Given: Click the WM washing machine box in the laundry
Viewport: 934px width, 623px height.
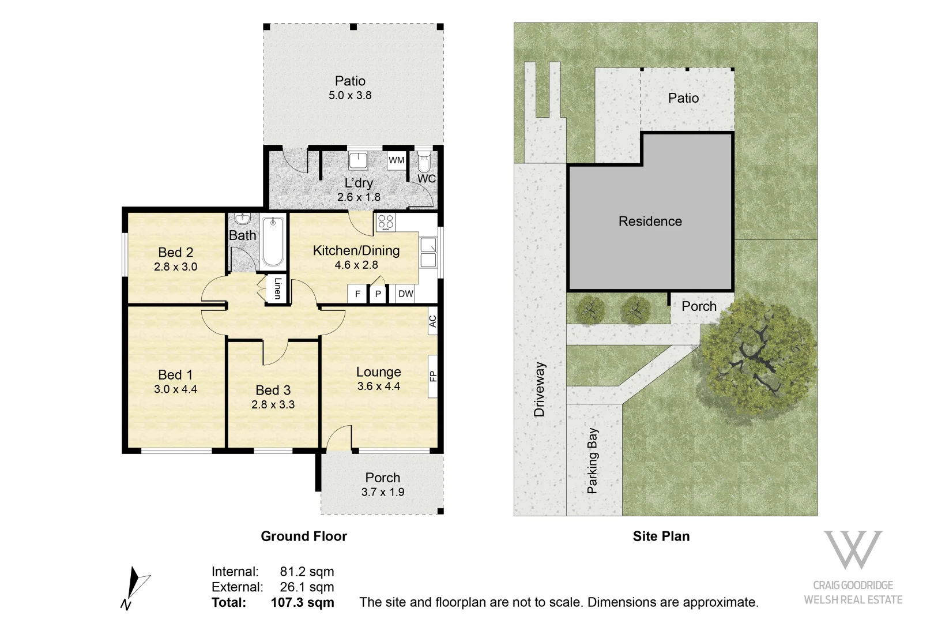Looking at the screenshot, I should click(396, 160).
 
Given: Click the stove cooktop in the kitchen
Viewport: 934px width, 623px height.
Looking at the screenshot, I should click(386, 222).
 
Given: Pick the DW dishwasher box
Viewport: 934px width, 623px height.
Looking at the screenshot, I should click(406, 294).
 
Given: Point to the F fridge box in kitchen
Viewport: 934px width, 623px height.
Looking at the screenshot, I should click(357, 294).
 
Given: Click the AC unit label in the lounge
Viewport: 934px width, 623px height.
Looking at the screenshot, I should click(432, 321).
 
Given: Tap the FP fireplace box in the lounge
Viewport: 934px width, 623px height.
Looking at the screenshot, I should click(432, 376).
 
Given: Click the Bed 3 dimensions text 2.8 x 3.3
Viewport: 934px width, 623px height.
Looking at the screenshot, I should click(273, 404).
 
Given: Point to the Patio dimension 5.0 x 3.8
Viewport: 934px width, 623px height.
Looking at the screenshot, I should click(350, 96).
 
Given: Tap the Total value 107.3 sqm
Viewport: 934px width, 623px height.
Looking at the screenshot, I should click(302, 603).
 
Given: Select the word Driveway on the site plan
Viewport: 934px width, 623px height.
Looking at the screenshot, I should click(539, 389).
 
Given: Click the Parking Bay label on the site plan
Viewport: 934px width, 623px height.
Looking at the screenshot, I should click(592, 460).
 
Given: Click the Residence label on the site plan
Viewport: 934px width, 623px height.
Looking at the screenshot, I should click(650, 222).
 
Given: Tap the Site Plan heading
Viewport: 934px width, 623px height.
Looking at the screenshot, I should click(661, 536).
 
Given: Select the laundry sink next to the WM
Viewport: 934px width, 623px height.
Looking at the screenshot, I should click(358, 160).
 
